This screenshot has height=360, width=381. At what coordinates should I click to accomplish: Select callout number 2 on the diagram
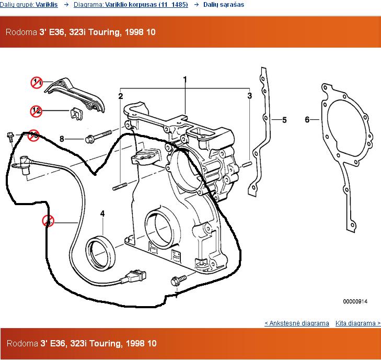[121, 96]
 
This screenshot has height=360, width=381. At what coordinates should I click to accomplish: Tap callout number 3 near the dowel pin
[250, 96]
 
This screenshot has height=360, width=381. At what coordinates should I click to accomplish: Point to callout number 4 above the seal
[102, 213]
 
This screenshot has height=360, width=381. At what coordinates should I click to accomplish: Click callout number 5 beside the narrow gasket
[284, 120]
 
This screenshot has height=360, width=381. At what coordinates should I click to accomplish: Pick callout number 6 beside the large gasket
[307, 120]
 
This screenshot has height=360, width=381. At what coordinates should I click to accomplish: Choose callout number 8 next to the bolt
[62, 139]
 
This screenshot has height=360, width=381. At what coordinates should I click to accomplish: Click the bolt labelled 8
[97, 138]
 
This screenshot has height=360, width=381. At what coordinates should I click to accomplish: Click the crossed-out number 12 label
[36, 111]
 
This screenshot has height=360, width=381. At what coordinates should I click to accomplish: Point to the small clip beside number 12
[77, 114]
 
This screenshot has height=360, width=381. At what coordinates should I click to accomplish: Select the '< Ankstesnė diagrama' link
[297, 323]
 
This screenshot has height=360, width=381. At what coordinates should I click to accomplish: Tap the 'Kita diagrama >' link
[357, 323]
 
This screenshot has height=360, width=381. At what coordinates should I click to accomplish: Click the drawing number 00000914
[355, 301]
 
